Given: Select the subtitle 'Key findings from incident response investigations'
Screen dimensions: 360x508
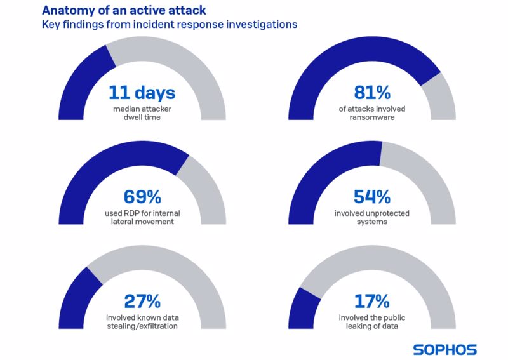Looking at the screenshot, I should (x=170, y=25).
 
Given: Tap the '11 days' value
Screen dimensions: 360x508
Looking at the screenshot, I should (x=142, y=93).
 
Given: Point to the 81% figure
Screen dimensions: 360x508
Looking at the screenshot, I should (x=371, y=93).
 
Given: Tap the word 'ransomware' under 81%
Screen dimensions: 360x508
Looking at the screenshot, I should (x=372, y=117).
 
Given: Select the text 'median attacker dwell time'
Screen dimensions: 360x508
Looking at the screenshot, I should (x=142, y=113).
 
